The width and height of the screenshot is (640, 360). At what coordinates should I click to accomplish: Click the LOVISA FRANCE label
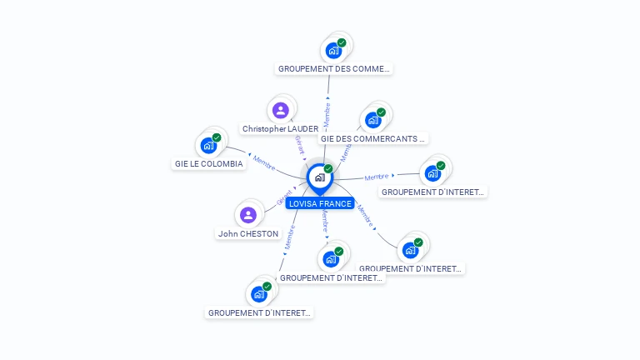pos(320,203)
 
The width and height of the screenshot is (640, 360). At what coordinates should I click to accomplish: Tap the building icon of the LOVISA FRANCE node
pos(319,177)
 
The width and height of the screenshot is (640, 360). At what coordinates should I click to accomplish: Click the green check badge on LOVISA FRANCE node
pos(328,169)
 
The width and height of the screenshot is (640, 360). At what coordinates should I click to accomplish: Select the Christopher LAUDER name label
pos(280,128)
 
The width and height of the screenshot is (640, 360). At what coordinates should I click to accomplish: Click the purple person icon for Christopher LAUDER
pos(281,110)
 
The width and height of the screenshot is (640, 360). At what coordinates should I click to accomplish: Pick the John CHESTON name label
pos(248,233)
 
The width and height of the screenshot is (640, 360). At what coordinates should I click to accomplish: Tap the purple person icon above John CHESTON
pos(248,215)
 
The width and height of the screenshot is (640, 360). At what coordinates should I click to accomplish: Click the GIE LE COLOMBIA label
pos(209,163)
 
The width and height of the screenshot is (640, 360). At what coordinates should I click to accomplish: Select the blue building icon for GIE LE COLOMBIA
pos(208,146)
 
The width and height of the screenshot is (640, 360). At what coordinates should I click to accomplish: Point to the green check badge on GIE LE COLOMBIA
pos(217,137)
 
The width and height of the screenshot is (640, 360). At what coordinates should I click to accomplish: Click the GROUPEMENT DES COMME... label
pos(334,68)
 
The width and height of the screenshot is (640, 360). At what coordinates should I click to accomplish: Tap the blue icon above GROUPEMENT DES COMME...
pos(333,50)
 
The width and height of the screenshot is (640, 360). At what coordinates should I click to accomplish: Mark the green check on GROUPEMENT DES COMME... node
pos(342,42)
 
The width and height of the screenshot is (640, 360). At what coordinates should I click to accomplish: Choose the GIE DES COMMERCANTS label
pos(373,138)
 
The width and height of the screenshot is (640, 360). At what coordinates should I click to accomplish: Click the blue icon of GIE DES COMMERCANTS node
pos(372,120)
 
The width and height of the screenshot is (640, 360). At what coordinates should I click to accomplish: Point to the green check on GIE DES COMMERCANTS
pos(381,112)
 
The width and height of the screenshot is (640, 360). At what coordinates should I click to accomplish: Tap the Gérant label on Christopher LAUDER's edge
pos(300,147)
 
